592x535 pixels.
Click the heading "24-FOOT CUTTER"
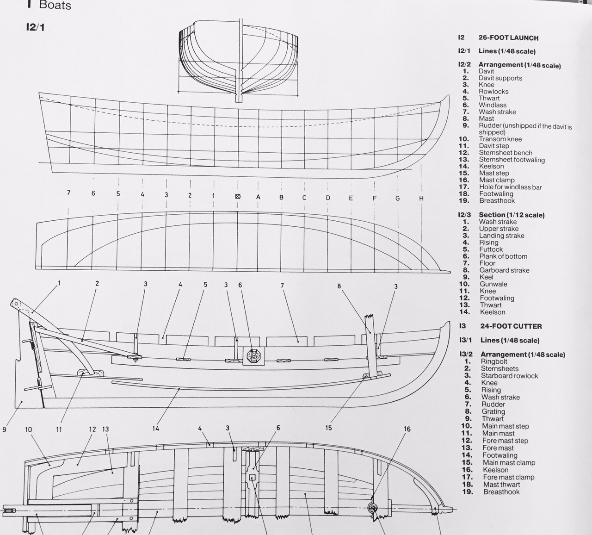point(511,326)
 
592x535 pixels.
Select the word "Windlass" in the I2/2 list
point(493,105)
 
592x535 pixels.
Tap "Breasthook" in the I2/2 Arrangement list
point(497,200)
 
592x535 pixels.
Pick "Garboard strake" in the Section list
point(504,270)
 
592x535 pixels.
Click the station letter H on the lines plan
point(421,198)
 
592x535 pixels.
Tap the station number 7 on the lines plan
point(68,193)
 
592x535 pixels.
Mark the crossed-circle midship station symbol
point(238,196)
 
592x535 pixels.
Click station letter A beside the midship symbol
point(258,197)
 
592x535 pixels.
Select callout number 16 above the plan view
point(407,429)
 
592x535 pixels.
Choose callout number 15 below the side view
point(328,428)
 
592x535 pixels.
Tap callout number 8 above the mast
point(339,286)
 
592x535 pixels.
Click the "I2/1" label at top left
point(35,27)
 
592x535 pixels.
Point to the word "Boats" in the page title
point(55,5)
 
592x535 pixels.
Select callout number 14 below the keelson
point(155,429)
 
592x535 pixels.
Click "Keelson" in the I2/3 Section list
point(493,312)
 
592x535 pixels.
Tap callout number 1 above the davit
point(59,283)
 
